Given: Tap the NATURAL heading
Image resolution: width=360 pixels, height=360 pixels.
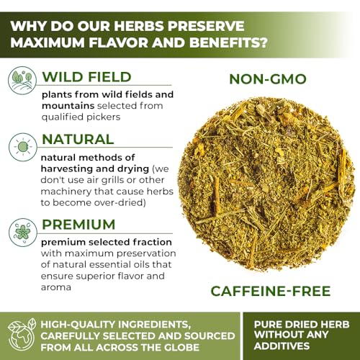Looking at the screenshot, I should tap(78, 139).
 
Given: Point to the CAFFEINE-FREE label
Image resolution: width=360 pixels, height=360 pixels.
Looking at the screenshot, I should tap(271, 291).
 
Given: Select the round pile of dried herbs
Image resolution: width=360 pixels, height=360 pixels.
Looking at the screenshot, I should tap(271, 184).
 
